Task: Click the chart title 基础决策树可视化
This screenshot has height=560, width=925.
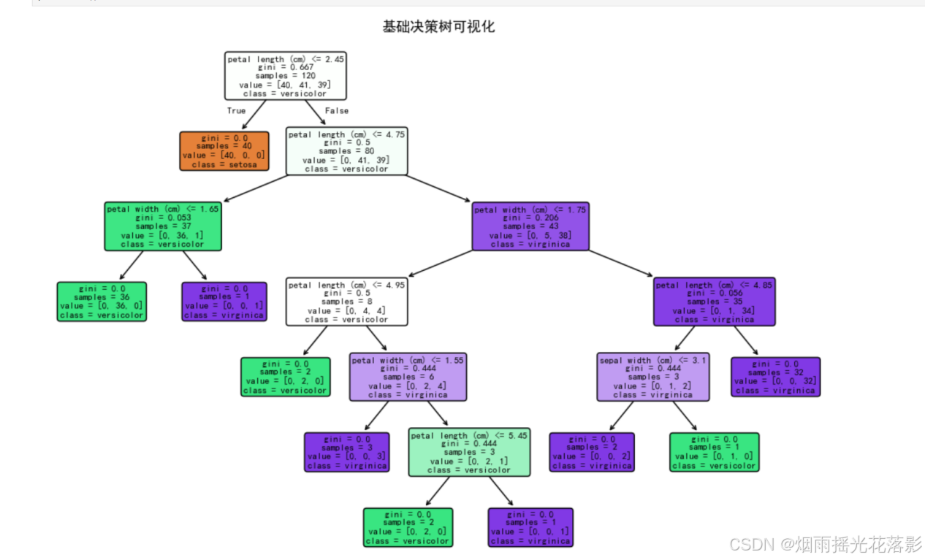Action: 438,27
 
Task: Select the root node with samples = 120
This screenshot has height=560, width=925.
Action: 285,75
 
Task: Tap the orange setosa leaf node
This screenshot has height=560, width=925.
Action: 224,150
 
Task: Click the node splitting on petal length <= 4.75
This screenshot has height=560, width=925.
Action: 346,151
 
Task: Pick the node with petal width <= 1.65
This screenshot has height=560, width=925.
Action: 162,226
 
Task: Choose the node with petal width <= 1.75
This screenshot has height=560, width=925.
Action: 530,226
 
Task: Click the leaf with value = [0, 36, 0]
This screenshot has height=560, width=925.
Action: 102,302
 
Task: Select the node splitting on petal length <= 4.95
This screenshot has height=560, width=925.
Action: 346,302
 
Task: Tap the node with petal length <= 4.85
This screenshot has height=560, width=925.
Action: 714,302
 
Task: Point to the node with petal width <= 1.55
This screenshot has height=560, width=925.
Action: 408,377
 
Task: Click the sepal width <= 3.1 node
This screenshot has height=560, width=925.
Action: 652,377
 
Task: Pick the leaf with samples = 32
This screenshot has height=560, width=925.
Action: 775,377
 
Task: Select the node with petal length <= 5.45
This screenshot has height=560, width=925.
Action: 469,452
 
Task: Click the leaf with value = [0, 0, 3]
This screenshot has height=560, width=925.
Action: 346,452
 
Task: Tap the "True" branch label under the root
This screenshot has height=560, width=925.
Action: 236,111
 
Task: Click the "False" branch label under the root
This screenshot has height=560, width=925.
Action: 337,111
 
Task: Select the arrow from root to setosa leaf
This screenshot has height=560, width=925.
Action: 254,115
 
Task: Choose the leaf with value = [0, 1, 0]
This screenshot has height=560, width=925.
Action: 714,452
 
